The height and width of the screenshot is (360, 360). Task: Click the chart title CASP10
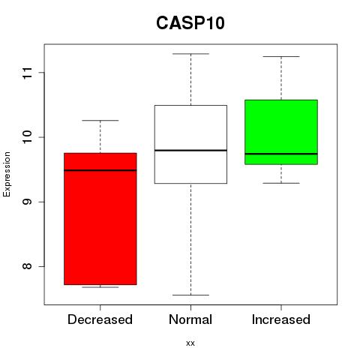pyautogui.click(x=190, y=23)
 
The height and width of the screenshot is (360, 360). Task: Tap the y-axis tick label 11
pyautogui.click(x=28, y=73)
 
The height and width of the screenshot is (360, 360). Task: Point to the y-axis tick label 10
pyautogui.click(x=28, y=137)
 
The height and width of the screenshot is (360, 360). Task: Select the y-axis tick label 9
pyautogui.click(x=28, y=202)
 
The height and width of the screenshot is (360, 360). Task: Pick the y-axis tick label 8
pyautogui.click(x=28, y=266)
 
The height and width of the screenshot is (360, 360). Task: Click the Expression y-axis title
pyautogui.click(x=7, y=174)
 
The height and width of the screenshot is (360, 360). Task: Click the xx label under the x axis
pyautogui.click(x=190, y=343)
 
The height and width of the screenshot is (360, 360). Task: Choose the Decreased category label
pyautogui.click(x=100, y=319)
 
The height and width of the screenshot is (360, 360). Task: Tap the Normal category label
pyautogui.click(x=190, y=319)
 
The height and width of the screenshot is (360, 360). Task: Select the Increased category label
pyautogui.click(x=281, y=319)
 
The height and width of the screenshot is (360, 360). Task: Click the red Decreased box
pyautogui.click(x=100, y=219)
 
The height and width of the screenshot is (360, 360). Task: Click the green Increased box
pyautogui.click(x=281, y=132)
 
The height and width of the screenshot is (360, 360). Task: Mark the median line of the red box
pyautogui.click(x=100, y=170)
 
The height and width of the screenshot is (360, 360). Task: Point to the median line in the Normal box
pyautogui.click(x=190, y=150)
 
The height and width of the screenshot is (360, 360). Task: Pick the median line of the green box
pyautogui.click(x=281, y=154)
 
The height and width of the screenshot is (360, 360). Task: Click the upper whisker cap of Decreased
pyautogui.click(x=100, y=121)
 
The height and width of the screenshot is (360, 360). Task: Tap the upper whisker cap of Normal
pyautogui.click(x=190, y=54)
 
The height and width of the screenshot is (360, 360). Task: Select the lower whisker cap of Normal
pyautogui.click(x=190, y=295)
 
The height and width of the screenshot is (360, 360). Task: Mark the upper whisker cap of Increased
pyautogui.click(x=281, y=57)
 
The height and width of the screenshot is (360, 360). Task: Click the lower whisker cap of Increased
pyautogui.click(x=281, y=183)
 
